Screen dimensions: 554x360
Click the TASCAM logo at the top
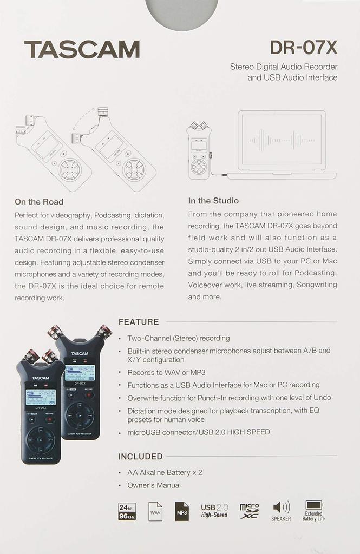(82, 49)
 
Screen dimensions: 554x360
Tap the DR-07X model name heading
(303, 48)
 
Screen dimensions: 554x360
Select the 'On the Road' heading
(39, 202)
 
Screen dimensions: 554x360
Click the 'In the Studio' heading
(213, 201)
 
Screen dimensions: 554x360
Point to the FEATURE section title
(139, 322)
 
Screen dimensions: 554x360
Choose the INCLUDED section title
(140, 457)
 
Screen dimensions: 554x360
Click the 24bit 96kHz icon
(127, 511)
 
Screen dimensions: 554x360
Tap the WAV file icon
(155, 511)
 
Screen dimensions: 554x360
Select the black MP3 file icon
(182, 511)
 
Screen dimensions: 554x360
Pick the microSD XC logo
(249, 510)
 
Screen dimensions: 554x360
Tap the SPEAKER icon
(281, 511)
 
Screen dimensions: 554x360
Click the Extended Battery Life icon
(313, 511)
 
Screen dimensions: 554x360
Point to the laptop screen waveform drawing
(282, 140)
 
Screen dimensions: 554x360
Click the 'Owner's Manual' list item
(154, 485)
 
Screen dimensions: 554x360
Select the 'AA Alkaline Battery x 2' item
(165, 472)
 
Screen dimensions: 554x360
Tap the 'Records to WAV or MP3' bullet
(166, 373)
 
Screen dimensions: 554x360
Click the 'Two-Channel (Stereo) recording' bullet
(178, 338)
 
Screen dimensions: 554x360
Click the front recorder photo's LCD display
(41, 397)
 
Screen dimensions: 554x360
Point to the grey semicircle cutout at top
(182, 14)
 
